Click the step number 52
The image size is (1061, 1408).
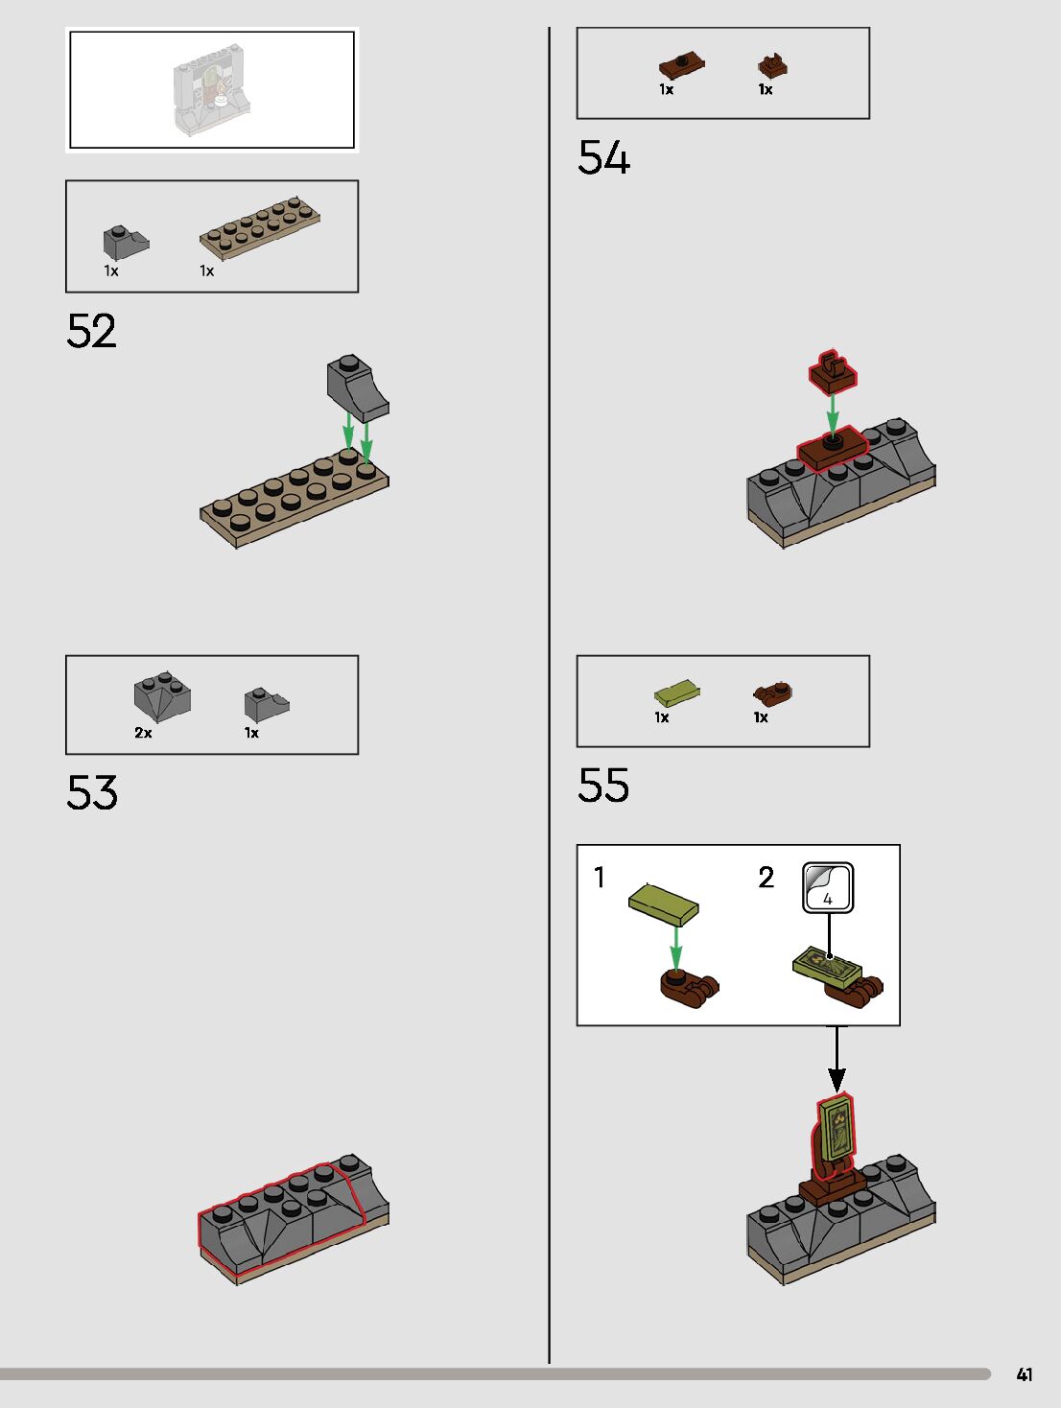[91, 331]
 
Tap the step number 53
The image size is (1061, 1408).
[91, 792]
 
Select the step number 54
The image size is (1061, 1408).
[603, 158]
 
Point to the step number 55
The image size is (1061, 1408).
[603, 785]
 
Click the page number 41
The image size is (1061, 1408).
[1025, 1374]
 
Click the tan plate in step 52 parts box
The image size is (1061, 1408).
[259, 229]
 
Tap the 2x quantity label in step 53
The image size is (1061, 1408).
[143, 733]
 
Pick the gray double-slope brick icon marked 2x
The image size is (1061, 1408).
[162, 696]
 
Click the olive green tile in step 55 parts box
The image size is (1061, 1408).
[676, 692]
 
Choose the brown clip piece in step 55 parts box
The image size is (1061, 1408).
[773, 692]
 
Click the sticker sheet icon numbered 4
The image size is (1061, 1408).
[828, 887]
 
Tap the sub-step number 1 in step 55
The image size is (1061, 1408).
[600, 878]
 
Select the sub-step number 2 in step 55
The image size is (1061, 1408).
[766, 878]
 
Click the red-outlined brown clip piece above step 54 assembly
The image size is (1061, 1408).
[832, 371]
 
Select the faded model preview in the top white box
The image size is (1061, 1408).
[211, 89]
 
